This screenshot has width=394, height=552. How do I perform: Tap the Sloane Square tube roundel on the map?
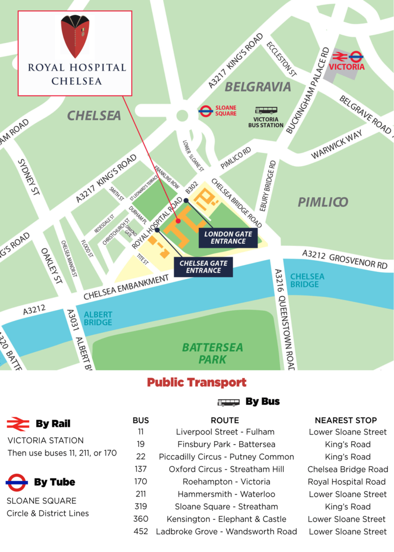(x=205, y=111)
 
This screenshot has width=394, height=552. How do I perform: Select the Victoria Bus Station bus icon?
(x=266, y=110)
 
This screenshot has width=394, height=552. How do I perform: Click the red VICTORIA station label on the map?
(x=347, y=67)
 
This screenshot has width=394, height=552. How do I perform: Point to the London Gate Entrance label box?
(x=228, y=238)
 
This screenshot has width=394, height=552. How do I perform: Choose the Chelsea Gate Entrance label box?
(x=203, y=266)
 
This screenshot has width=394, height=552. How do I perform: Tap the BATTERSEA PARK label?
(x=213, y=353)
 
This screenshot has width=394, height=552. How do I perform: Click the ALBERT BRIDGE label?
(x=98, y=318)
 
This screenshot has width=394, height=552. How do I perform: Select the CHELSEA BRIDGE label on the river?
(x=307, y=280)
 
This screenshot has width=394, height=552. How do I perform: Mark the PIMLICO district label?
(x=323, y=202)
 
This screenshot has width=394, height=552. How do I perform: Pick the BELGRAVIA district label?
(x=258, y=87)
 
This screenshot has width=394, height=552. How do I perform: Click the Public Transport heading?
(x=197, y=382)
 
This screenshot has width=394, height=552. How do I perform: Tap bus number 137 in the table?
(x=141, y=469)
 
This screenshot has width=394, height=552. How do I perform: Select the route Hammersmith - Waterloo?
(x=226, y=494)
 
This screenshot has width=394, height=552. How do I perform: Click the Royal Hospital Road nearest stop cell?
(x=347, y=481)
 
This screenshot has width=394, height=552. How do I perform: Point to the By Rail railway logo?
(x=18, y=424)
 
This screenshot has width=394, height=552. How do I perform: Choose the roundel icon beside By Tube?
(x=17, y=482)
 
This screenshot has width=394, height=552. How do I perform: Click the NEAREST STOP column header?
(x=345, y=420)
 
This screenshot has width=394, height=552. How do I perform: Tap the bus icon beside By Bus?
(x=228, y=402)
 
